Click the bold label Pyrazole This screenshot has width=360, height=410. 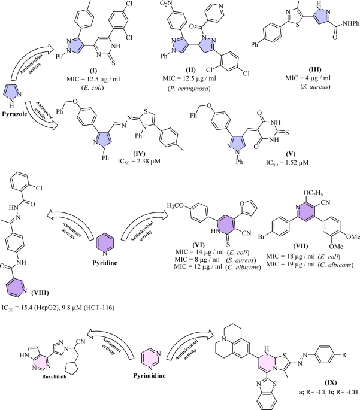pyautogui.click(x=14, y=114)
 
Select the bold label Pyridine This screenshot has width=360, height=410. pyautogui.click(x=105, y=263)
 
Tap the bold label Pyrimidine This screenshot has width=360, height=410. pyautogui.click(x=149, y=376)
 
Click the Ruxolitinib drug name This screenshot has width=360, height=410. pyautogui.click(x=54, y=377)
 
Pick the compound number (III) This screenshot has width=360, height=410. pyautogui.click(x=314, y=69)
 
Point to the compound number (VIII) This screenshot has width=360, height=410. pyautogui.click(x=40, y=293)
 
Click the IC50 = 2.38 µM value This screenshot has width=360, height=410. pyautogui.click(x=139, y=162)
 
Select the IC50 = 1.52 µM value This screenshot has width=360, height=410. pyautogui.click(x=288, y=163)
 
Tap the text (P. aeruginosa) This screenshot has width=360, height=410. pyautogui.click(x=189, y=89)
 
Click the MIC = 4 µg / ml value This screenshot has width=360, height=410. pyautogui.click(x=308, y=78)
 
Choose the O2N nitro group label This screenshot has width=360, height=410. pyautogui.click(x=165, y=4)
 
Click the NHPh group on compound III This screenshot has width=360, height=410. pyautogui.click(x=351, y=23)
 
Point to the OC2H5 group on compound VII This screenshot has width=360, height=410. pyautogui.click(x=313, y=193)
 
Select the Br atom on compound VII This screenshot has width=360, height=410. pyautogui.click(x=262, y=237)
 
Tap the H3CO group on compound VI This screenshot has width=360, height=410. pyautogui.click(x=176, y=205)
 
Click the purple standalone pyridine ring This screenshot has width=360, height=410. pyautogui.click(x=105, y=244)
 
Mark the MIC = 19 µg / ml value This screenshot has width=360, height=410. pyautogui.click(x=291, y=265)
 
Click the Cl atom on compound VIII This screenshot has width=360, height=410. pyautogui.click(x=39, y=188)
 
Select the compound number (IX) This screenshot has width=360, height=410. pyautogui.click(x=331, y=383)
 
